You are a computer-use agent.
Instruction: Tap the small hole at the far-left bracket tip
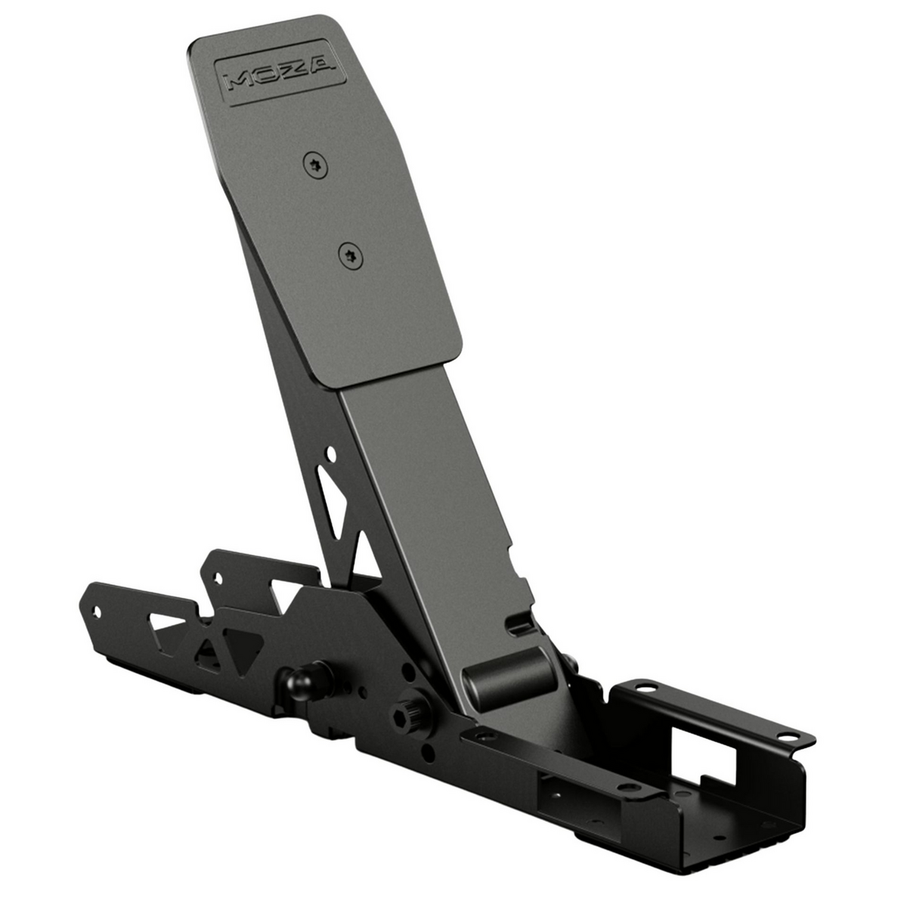click(x=96, y=609)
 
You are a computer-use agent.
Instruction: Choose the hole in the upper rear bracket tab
click(x=219, y=578)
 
